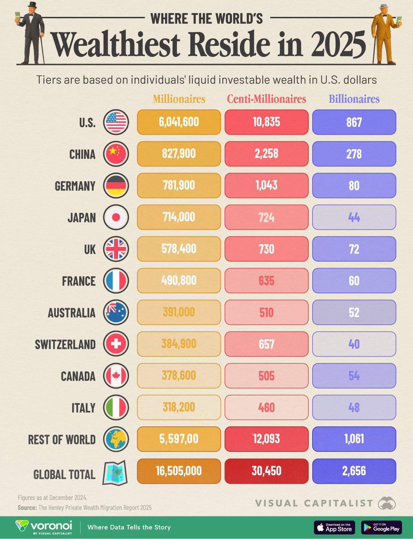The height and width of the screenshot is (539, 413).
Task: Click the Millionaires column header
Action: point(179,99)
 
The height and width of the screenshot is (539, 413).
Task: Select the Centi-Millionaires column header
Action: point(266,99)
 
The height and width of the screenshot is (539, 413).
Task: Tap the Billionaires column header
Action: point(354,99)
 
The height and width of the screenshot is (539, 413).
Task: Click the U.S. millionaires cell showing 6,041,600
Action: point(179,122)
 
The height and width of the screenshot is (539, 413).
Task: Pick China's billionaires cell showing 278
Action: point(354,154)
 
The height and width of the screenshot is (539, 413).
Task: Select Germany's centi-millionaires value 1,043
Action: point(266,185)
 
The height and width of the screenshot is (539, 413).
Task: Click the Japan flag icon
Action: point(116,217)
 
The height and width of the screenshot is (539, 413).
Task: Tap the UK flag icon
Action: point(116,249)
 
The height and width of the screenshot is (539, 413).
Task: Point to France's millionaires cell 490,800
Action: point(179,280)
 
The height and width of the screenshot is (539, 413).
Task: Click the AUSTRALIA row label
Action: point(72,313)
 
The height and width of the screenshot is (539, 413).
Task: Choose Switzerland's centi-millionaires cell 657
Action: point(266,344)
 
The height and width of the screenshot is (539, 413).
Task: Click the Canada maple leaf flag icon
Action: point(116,376)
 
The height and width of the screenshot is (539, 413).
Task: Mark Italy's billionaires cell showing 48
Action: point(354,407)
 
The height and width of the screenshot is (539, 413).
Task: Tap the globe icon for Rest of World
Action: point(116,439)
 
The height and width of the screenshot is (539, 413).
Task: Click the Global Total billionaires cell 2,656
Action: point(354,471)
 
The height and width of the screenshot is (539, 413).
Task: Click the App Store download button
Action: point(334,527)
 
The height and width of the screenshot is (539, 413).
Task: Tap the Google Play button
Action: point(381,527)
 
